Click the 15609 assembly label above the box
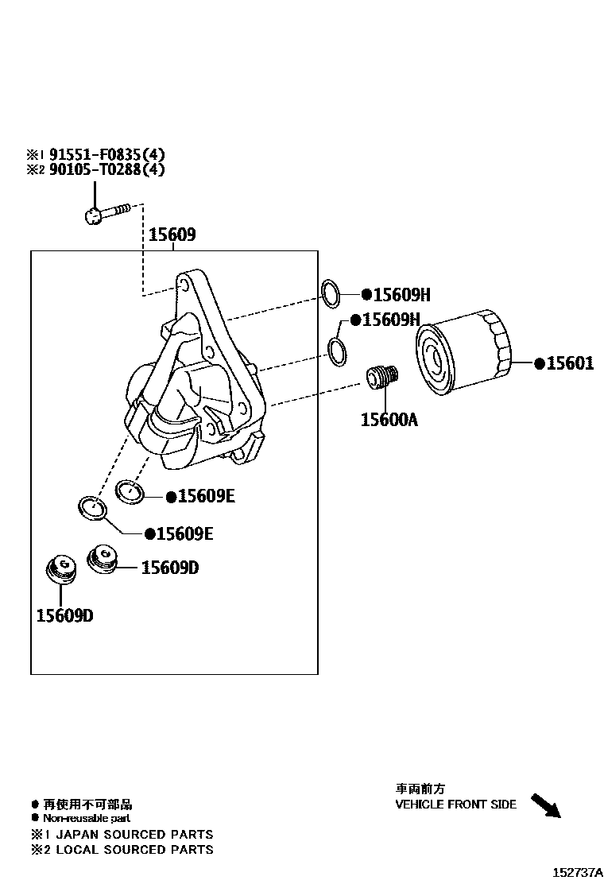click(x=172, y=235)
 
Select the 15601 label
click(x=570, y=364)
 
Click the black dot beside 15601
click(x=540, y=364)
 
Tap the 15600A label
click(x=389, y=419)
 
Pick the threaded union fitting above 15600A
click(x=383, y=378)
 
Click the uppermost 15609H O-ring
click(x=331, y=293)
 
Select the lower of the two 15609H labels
click(x=390, y=320)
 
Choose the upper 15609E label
click(x=206, y=496)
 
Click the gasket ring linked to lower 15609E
click(x=93, y=506)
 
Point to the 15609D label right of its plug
click(x=170, y=568)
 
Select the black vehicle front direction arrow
click(x=545, y=805)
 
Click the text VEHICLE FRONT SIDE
click(x=456, y=804)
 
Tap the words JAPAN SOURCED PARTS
click(x=133, y=835)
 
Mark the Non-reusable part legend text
click(x=87, y=818)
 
